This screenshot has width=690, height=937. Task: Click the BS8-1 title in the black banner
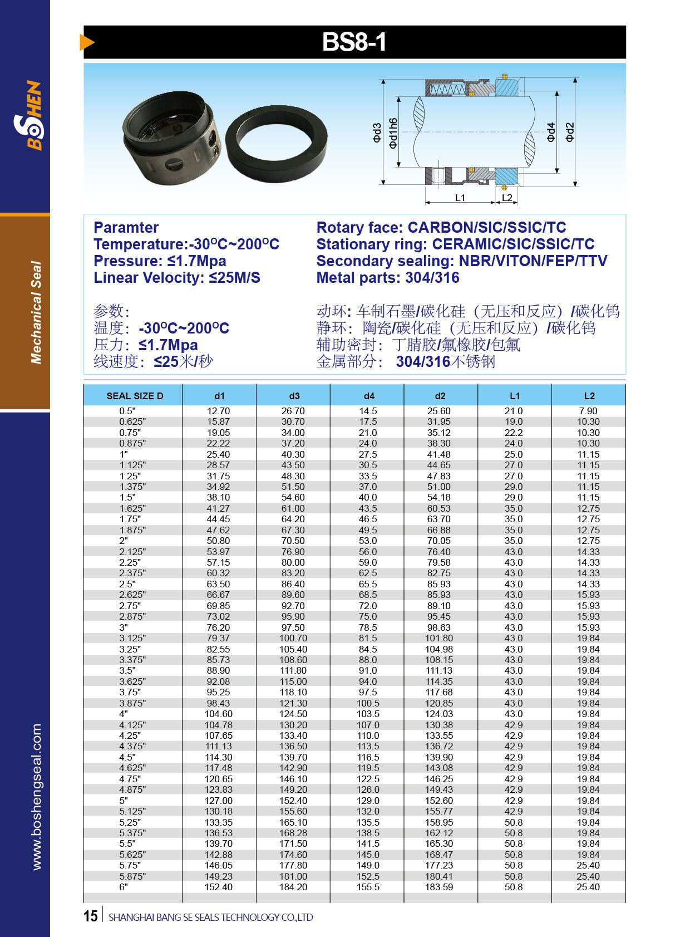pyautogui.click(x=354, y=42)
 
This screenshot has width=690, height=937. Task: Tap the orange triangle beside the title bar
pyautogui.click(x=86, y=42)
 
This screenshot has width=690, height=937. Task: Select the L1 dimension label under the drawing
pyautogui.click(x=460, y=198)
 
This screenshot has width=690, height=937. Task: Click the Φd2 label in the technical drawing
pyautogui.click(x=570, y=132)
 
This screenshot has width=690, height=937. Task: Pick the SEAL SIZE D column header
pyautogui.click(x=135, y=396)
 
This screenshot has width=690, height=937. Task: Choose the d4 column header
pyautogui.click(x=368, y=396)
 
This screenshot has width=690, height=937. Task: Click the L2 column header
pyautogui.click(x=589, y=396)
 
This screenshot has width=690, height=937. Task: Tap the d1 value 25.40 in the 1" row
pyautogui.click(x=218, y=454)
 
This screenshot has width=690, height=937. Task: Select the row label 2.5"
pyautogui.click(x=127, y=584)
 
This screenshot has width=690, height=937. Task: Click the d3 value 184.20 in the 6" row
pyautogui.click(x=293, y=887)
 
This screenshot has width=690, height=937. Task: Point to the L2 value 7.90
pyautogui.click(x=588, y=411)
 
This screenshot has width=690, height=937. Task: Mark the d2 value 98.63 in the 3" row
pyautogui.click(x=439, y=627)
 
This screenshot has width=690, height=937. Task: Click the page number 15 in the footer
pyautogui.click(x=91, y=916)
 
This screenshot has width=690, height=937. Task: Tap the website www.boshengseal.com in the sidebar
pyautogui.click(x=37, y=796)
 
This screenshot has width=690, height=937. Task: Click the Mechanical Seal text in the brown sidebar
pyautogui.click(x=36, y=312)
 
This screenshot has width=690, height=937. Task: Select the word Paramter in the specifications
pyautogui.click(x=126, y=228)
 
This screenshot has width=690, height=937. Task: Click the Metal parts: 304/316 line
pyautogui.click(x=388, y=278)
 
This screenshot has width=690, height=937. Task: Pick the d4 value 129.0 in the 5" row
pyautogui.click(x=368, y=801)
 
